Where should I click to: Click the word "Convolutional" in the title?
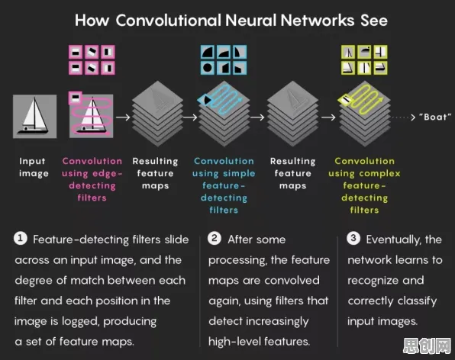point(169,21)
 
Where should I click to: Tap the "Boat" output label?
point(435,117)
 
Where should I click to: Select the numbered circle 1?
point(21,239)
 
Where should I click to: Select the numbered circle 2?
point(215,239)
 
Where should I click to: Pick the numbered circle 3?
point(353,239)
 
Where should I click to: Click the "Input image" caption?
point(34,167)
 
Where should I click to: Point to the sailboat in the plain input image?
point(34,116)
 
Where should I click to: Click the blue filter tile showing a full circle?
point(207,68)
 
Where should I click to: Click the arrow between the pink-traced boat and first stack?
point(123,117)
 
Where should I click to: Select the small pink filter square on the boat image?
point(75,98)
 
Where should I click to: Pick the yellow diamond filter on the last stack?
point(346,100)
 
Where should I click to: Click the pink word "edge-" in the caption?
point(108,174)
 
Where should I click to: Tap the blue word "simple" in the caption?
point(239,174)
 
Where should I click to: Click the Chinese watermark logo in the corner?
point(428,346)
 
